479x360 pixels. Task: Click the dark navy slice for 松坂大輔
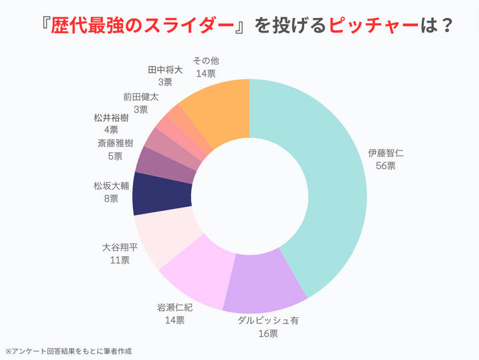click(162, 194)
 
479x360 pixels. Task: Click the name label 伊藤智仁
click(386, 153)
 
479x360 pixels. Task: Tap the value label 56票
click(386, 166)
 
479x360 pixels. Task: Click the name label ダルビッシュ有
click(269, 320)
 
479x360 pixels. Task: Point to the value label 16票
click(268, 333)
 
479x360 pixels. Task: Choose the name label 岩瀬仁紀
click(175, 307)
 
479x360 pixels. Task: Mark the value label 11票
click(120, 260)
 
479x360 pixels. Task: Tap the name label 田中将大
click(165, 69)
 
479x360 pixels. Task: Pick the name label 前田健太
click(140, 96)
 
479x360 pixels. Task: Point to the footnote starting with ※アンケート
click(69, 351)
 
